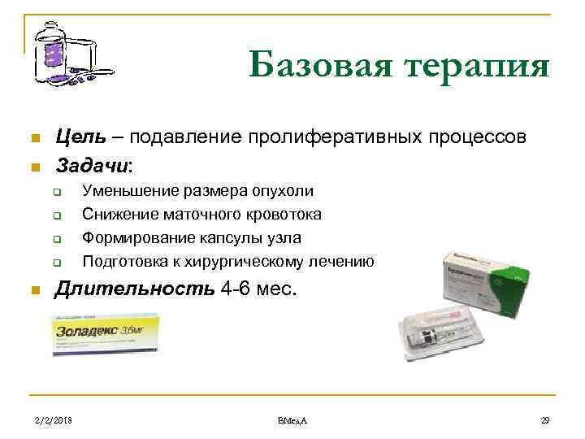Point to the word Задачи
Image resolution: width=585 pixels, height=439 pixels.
click(x=91, y=166)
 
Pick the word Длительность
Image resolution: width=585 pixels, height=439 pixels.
click(x=134, y=289)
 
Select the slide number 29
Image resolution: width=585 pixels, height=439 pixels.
click(x=545, y=419)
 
